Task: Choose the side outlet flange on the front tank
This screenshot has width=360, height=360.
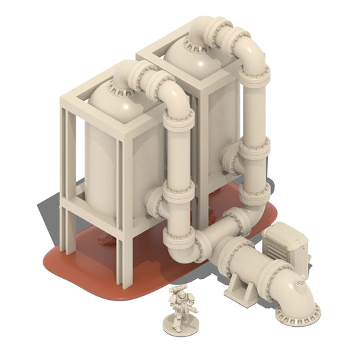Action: pyautogui.click(x=153, y=203)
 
